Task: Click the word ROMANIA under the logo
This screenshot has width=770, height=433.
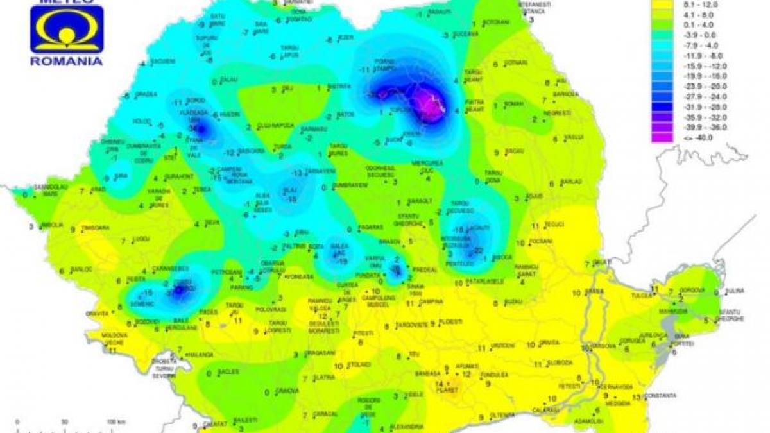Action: [x=67, y=61]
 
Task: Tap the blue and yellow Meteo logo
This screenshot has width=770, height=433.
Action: [x=67, y=30]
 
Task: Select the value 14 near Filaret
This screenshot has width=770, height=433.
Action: [x=439, y=383]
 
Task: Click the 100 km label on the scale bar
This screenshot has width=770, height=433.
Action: [x=113, y=421]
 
